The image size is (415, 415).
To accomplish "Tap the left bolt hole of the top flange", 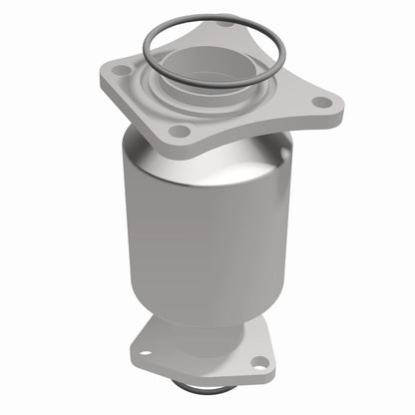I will [x=122, y=72].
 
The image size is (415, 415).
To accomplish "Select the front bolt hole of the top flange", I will [x=180, y=131].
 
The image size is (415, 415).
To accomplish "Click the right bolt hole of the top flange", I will [x=321, y=101].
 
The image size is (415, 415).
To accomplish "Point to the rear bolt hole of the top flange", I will [x=226, y=22].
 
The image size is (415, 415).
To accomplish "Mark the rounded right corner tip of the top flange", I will [x=337, y=103].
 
